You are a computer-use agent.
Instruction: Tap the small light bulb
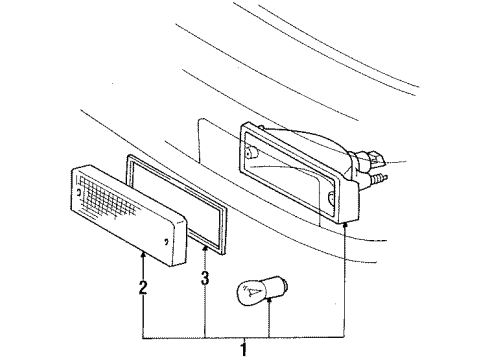point(256,290)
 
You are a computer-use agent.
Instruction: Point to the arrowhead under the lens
point(143,257)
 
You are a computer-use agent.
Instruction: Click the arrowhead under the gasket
point(206,245)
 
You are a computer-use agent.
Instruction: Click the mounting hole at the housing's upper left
point(252,152)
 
